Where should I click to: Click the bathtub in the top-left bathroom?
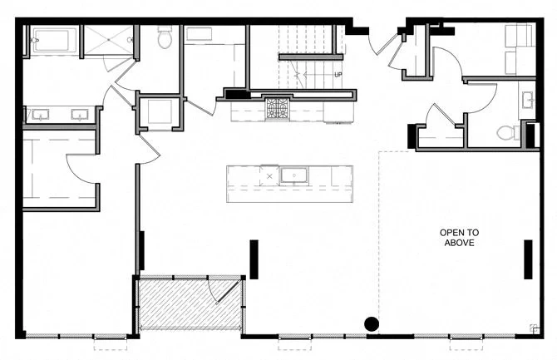[54, 39]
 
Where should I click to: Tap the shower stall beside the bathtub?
[109, 39]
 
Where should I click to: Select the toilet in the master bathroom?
[165, 37]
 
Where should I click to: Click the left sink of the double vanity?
[41, 115]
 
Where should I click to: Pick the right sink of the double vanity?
[81, 115]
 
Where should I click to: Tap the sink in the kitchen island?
[294, 175]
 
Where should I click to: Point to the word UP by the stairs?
[338, 75]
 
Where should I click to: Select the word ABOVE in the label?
[459, 243]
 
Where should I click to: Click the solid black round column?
[372, 323]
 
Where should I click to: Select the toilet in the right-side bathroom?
[508, 132]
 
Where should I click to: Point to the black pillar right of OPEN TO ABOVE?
[527, 259]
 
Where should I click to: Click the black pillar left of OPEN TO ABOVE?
[254, 259]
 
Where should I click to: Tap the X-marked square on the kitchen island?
[268, 175]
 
